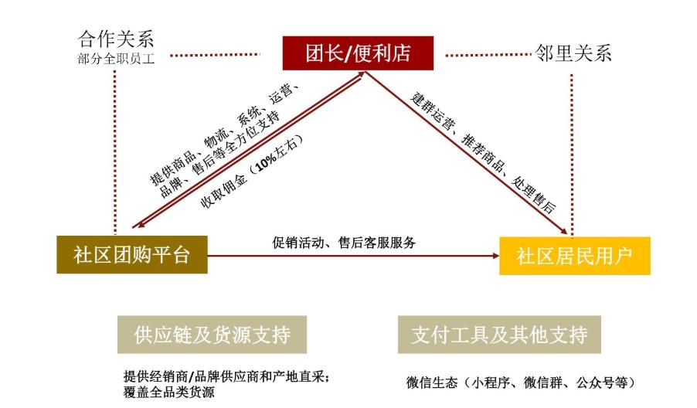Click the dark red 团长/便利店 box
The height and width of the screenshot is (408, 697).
coord(358,53)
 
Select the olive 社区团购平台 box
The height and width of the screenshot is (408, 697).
coord(132,255)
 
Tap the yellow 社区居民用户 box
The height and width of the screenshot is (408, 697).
coord(575,256)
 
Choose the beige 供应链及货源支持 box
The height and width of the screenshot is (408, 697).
coord(212,335)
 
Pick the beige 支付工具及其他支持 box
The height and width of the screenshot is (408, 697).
coord(499,335)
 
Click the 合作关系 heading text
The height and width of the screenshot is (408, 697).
coord(116,39)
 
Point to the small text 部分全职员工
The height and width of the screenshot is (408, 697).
coord(116,59)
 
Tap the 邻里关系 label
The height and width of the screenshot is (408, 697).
coord(573,53)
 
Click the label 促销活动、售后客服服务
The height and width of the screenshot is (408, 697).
coord(344,243)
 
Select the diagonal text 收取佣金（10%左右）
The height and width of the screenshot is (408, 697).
coord(252,171)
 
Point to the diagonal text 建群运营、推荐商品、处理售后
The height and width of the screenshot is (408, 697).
coord(483,152)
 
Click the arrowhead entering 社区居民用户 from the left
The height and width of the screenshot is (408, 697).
coord(495,256)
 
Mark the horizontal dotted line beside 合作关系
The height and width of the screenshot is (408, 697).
coord(215,55)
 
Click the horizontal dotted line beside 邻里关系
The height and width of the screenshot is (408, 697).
coord(488,55)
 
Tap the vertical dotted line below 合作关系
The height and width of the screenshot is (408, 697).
coord(115,151)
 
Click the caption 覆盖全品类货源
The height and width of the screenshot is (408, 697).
coord(169,392)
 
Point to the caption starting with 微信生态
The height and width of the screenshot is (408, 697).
coord(521,382)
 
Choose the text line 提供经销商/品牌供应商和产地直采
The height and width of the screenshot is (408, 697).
coord(226,377)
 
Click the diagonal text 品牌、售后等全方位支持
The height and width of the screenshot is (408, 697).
coord(221,153)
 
